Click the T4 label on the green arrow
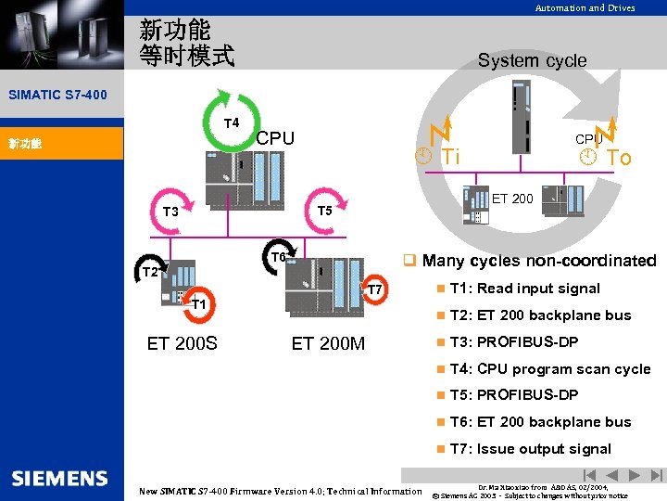coord(232,122)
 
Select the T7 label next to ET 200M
coord(375,290)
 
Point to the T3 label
coord(170,212)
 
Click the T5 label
coord(324,211)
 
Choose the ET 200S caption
coord(182,343)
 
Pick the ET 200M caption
coord(328,343)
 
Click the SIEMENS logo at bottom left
coord(60,479)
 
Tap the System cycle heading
coord(532,60)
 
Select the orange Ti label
coord(448,157)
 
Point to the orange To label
coord(619,158)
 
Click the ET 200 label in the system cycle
coord(512,199)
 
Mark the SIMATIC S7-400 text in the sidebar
coord(57,95)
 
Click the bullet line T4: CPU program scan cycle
coord(549,368)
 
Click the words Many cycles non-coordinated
coord(538,261)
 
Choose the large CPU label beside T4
coord(275,138)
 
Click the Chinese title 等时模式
coord(186,55)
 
